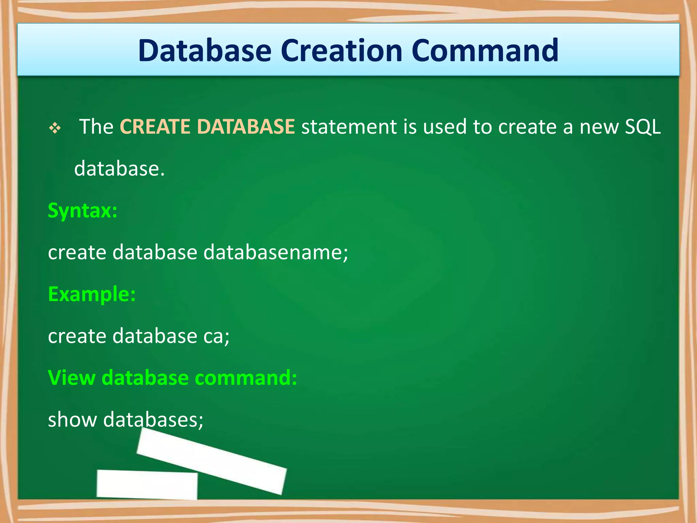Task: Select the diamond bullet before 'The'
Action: click(x=55, y=128)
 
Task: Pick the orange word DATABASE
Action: click(x=246, y=127)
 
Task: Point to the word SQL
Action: click(x=643, y=127)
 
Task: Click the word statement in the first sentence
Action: click(x=349, y=127)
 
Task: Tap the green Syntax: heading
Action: click(x=83, y=211)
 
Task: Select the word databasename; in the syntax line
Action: click(x=276, y=252)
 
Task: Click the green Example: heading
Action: click(x=92, y=294)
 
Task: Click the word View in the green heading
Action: click(x=71, y=378)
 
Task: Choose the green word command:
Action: click(x=246, y=378)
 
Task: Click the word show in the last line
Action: click(x=72, y=419)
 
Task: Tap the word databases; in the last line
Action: click(x=153, y=419)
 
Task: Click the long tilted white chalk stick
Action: click(x=211, y=461)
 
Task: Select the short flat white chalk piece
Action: click(x=147, y=484)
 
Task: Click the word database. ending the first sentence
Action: click(x=119, y=169)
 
